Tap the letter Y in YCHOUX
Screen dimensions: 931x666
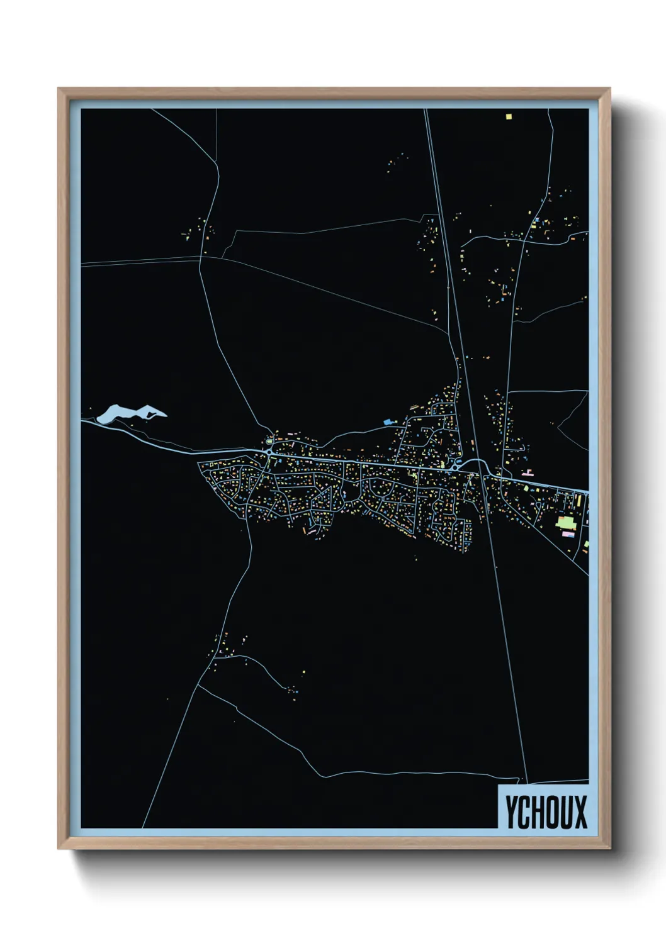(511, 811)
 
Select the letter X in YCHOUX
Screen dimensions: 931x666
(580, 811)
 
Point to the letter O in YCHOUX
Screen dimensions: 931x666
(552, 811)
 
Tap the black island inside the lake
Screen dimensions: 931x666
(151, 414)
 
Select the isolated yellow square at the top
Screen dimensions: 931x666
(509, 116)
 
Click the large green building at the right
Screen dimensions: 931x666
(565, 522)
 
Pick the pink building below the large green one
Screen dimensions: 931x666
(568, 534)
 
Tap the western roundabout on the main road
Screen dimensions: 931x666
(269, 452)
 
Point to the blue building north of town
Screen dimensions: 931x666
(388, 421)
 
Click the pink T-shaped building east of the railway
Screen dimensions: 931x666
(528, 471)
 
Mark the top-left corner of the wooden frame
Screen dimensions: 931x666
(59, 89)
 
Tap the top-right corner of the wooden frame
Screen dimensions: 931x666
(609, 89)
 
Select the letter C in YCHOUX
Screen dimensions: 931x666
(524, 811)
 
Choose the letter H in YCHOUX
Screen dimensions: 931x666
(538, 811)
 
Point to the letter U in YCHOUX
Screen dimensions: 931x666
(566, 811)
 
